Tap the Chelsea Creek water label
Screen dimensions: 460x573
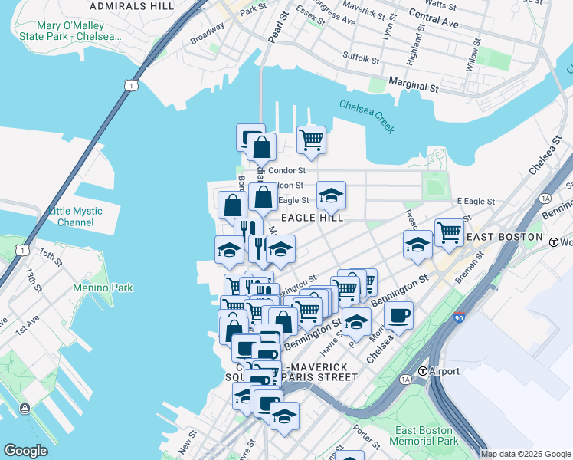tap(367, 116)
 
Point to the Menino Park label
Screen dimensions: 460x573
tap(103, 288)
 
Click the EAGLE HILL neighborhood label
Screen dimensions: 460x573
tap(311, 218)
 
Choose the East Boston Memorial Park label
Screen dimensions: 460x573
tap(424, 435)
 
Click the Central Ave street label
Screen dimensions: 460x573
tap(434, 19)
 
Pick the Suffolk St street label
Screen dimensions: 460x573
tap(361, 58)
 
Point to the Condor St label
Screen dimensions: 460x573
tap(290, 170)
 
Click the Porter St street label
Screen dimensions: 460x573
tap(367, 438)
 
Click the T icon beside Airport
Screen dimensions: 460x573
tap(422, 372)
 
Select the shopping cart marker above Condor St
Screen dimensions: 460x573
tap(311, 140)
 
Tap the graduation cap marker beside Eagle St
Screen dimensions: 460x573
tap(331, 195)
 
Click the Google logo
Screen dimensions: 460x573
tap(26, 451)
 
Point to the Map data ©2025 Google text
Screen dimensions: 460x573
tap(526, 454)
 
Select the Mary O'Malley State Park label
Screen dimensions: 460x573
tap(61, 31)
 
